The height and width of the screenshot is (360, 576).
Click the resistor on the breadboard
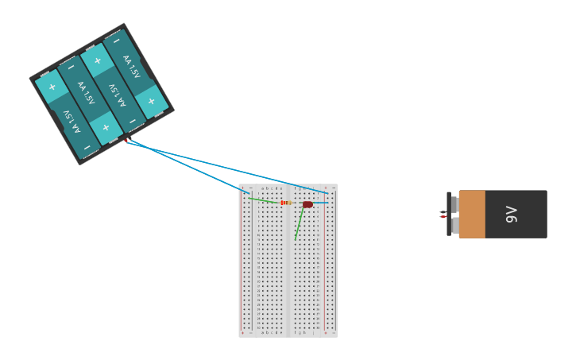coord(285,203)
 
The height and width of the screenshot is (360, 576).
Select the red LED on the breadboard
coord(307,204)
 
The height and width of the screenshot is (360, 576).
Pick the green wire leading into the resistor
coord(263,200)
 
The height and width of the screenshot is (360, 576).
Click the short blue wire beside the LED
coord(320,203)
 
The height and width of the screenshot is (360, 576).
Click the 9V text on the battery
coord(512,214)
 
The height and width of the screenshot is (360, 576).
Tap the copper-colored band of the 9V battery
coord(472,214)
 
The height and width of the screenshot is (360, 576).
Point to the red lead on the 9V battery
coord(443,217)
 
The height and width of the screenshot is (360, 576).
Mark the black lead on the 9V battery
coord(443,211)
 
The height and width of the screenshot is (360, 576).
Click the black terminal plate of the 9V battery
coord(449,214)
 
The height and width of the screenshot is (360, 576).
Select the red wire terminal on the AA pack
coord(126,141)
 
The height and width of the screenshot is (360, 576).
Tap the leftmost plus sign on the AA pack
coord(52,87)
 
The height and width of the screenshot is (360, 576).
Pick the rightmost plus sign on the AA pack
coord(150,101)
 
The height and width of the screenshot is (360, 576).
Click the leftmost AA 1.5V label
coord(72,121)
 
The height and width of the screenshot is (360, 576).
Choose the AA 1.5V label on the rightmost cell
coord(131,66)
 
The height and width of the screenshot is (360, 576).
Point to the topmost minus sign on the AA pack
coord(116,40)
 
